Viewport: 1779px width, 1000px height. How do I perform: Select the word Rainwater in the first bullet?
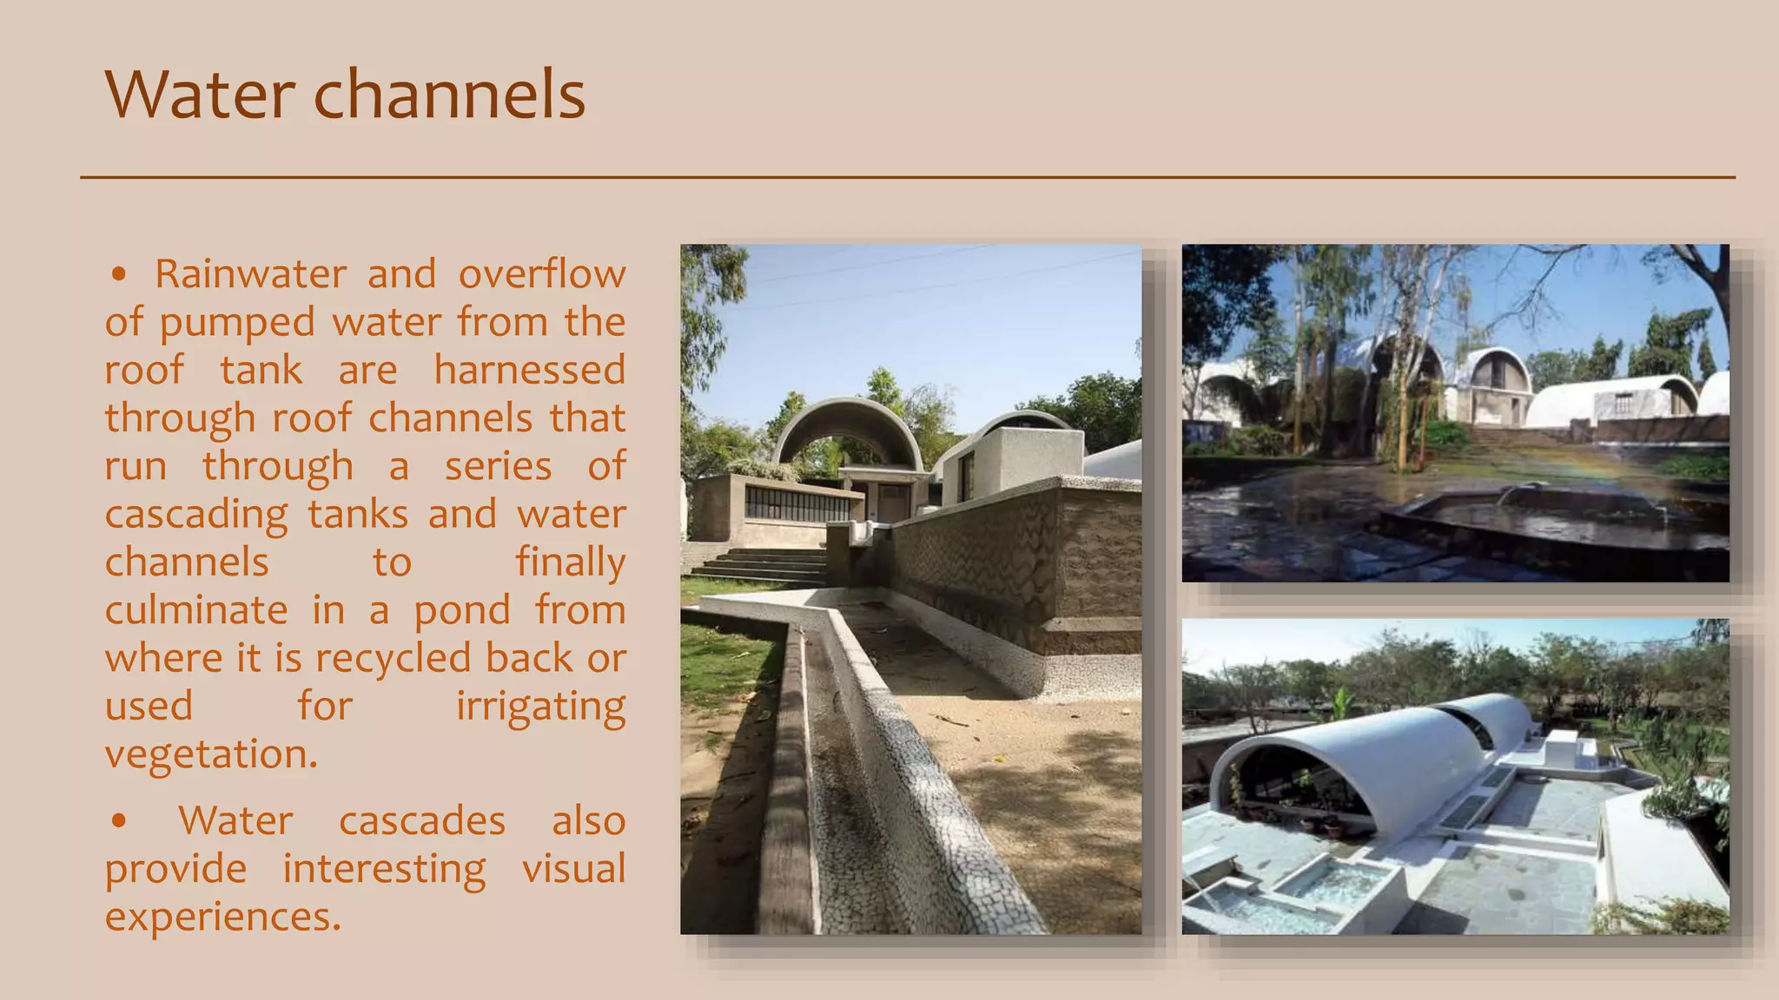pyautogui.click(x=251, y=274)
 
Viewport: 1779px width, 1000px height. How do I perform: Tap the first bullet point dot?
pyautogui.click(x=119, y=275)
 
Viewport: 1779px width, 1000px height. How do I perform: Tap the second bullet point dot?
pyautogui.click(x=119, y=821)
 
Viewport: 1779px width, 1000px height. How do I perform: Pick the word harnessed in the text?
pyautogui.click(x=529, y=370)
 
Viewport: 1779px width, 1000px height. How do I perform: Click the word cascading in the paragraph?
pyautogui.click(x=196, y=515)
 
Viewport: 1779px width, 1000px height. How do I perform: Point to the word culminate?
pyautogui.click(x=196, y=610)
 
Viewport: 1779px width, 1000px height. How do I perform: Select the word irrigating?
pyautogui.click(x=540, y=707)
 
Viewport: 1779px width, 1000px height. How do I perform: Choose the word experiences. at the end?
pyautogui.click(x=223, y=917)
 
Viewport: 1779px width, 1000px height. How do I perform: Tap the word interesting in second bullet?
pyautogui.click(x=384, y=869)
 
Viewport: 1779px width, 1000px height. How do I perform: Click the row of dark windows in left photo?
pyautogui.click(x=797, y=504)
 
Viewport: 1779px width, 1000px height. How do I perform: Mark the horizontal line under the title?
pyautogui.click(x=908, y=177)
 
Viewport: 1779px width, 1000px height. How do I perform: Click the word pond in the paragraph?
pyautogui.click(x=461, y=610)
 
